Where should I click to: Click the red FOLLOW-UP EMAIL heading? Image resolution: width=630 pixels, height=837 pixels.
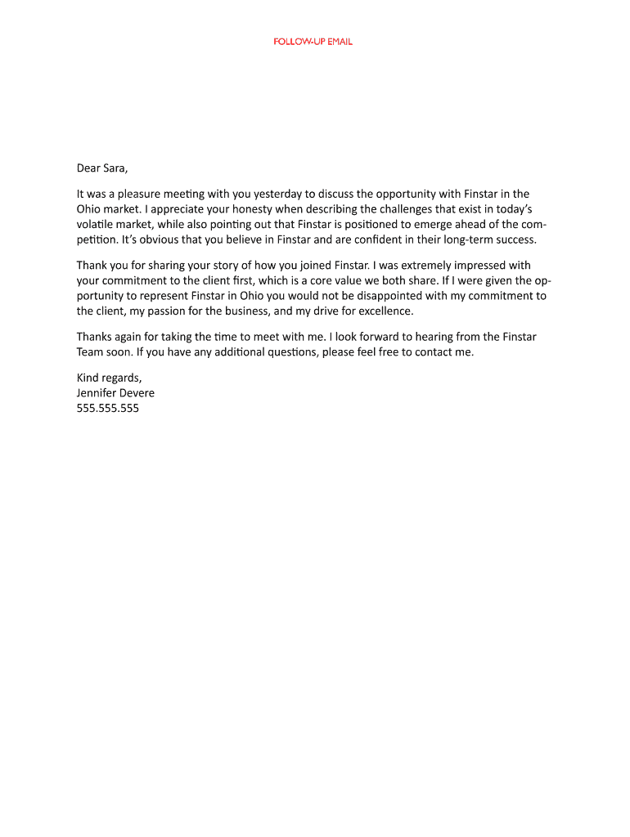[x=313, y=42]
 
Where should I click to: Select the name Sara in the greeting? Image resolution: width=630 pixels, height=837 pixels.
[x=115, y=168]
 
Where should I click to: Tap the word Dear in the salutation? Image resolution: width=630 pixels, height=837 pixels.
[x=88, y=168]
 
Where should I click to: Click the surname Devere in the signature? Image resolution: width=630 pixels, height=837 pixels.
[x=135, y=393]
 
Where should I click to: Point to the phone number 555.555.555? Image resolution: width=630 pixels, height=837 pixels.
[x=108, y=408]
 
